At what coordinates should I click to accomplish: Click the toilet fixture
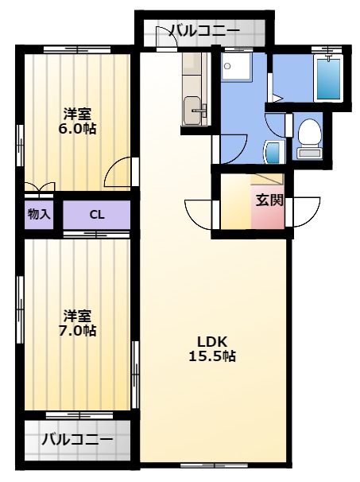[x=310, y=138]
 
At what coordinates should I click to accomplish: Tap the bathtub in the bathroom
[x=329, y=79]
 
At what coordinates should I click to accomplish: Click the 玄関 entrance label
[x=269, y=200]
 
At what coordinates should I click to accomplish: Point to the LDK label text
[x=212, y=341]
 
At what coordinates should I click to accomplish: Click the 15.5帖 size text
[x=212, y=356]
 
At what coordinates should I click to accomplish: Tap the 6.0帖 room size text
[x=77, y=129]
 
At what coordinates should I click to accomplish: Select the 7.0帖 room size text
[x=77, y=330]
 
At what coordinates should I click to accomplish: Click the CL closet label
[x=97, y=215]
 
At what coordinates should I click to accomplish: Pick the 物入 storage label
[x=39, y=214]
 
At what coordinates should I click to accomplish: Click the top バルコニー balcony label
[x=204, y=31]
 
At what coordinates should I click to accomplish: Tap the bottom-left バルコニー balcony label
[x=77, y=440]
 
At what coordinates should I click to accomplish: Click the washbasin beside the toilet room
[x=273, y=152]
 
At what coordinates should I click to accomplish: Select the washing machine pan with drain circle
[x=237, y=66]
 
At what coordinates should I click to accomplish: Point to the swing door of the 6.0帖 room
[x=120, y=172]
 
